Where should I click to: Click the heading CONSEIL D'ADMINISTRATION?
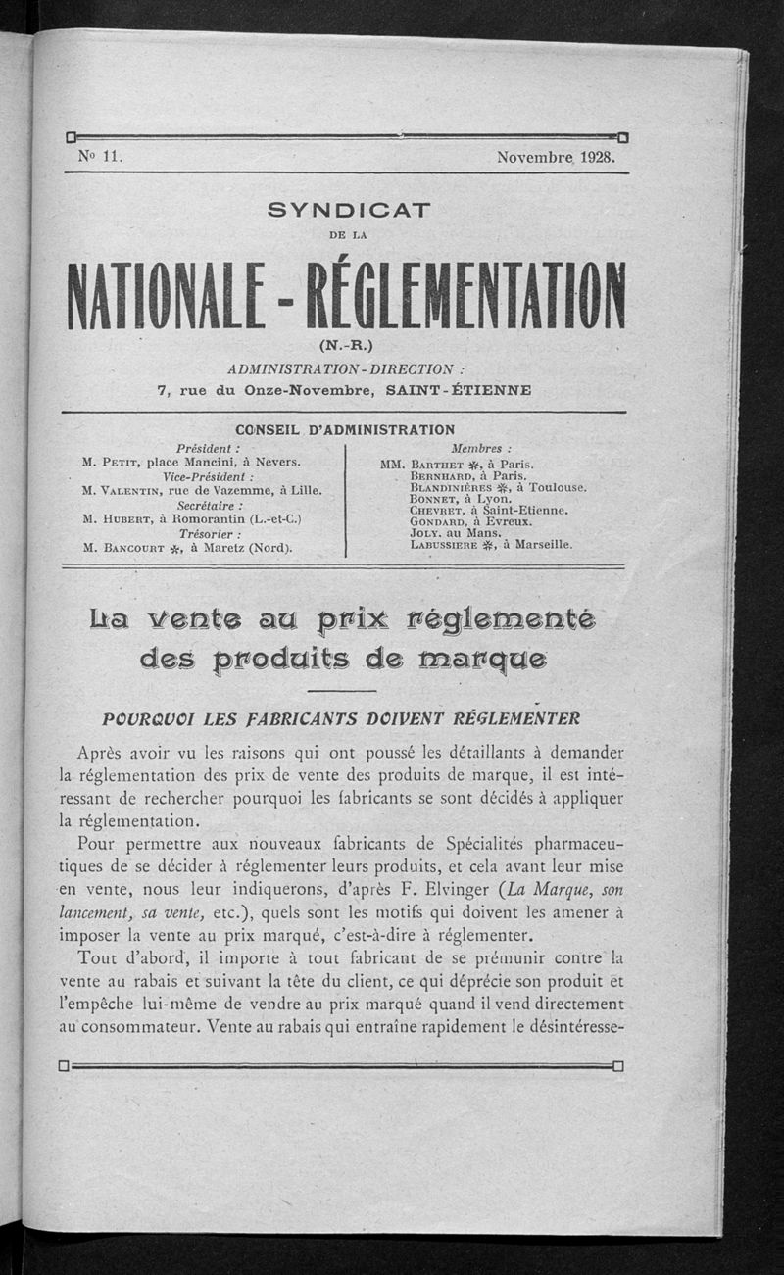pyautogui.click(x=345, y=429)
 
